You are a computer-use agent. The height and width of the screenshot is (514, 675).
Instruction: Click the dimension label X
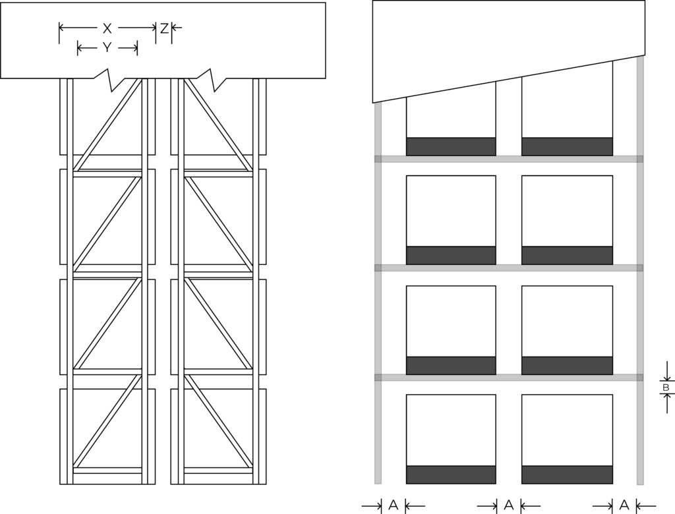107,28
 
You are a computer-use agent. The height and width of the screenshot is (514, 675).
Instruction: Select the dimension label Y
107,47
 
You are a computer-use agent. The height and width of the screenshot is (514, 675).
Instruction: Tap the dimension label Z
163,28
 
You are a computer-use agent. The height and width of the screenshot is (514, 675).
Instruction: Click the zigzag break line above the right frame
214,79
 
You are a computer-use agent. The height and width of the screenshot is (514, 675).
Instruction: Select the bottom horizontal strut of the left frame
107,470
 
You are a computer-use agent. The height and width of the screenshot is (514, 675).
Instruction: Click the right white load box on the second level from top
567,211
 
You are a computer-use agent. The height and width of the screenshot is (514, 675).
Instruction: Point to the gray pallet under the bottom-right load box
567,474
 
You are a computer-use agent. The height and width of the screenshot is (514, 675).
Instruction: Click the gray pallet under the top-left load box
451,146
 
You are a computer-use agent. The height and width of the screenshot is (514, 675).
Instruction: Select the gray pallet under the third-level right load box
567,365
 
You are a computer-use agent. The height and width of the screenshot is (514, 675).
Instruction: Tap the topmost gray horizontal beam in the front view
509,159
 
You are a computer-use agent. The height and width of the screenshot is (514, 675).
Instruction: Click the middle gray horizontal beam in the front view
509,268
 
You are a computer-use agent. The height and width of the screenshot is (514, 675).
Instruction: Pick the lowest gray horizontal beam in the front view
509,378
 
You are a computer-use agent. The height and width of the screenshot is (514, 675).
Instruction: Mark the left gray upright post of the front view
378,297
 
